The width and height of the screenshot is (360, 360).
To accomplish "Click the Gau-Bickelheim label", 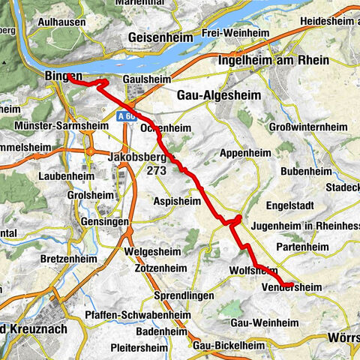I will [229, 346].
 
